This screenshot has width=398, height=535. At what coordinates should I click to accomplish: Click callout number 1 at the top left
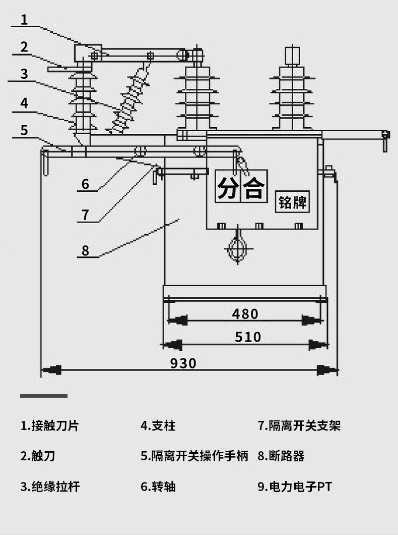coord(24,20)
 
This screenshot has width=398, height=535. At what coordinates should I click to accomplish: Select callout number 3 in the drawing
coord(24,74)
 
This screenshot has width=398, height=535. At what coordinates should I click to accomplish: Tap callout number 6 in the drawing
coord(85,184)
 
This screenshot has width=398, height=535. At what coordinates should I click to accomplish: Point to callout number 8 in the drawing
coord(85,250)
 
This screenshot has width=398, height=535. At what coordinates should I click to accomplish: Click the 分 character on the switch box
coord(228,187)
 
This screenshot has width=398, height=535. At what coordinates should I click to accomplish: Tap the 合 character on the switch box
coord(254,187)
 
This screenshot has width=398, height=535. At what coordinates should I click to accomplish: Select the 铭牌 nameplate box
coord(293,202)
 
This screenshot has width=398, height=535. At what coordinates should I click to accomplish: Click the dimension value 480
coord(245,314)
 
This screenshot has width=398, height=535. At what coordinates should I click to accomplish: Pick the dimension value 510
coord(248,337)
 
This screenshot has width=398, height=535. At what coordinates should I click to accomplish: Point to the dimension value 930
coord(183,363)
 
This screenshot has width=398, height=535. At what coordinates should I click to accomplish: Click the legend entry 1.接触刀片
coord(49,425)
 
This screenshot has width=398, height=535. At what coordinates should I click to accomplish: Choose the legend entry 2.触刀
coord(38,456)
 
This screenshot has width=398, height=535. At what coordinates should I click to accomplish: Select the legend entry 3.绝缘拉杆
coord(49,487)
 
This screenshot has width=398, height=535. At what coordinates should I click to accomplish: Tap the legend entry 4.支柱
coord(158,425)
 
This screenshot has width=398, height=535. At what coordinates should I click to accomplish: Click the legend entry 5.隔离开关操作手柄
coord(194,456)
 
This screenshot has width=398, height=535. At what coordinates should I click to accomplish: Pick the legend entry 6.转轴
coord(158,487)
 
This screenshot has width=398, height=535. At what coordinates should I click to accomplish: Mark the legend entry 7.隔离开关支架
coord(299,425)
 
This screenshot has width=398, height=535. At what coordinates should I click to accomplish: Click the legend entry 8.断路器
coord(281,456)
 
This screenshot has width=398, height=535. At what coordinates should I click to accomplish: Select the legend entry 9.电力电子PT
coord(295,487)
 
